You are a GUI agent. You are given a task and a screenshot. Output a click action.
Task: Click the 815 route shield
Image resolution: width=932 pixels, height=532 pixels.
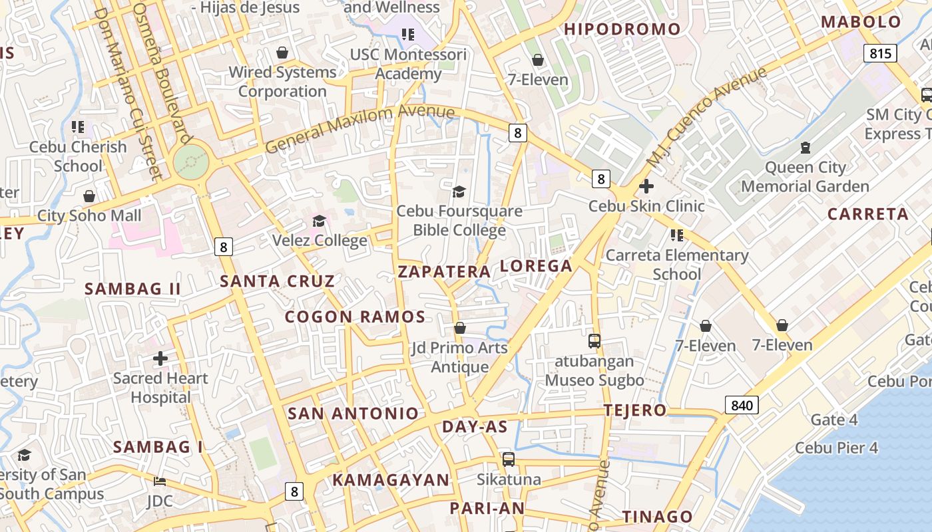[x=880, y=53]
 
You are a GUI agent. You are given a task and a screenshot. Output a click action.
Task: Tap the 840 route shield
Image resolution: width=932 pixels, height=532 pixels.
[x=742, y=405]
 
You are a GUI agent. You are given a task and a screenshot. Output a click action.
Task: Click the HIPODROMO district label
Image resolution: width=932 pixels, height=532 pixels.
[x=622, y=29]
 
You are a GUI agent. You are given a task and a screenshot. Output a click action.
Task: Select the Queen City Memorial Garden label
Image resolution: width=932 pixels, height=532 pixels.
[x=805, y=177]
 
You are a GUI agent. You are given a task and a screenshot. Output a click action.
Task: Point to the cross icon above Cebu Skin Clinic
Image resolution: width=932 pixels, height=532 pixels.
[x=646, y=186]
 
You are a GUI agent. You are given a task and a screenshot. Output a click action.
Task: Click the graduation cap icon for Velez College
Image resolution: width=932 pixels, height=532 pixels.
[x=320, y=221]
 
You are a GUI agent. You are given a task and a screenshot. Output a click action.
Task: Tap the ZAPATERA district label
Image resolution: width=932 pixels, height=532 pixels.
[x=444, y=271]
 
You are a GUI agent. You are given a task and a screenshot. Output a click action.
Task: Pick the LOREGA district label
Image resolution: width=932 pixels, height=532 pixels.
[x=536, y=266]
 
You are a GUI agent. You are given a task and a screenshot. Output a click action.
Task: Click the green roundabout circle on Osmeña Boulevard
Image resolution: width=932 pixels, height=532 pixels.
[x=191, y=162]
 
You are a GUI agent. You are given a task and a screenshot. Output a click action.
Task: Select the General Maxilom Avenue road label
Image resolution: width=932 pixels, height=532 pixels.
[x=359, y=129]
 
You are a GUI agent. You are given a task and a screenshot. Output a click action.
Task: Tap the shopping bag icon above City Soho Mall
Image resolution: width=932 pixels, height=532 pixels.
[x=89, y=196]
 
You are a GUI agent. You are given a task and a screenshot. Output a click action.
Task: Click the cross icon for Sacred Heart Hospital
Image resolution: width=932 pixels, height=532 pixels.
[x=160, y=358]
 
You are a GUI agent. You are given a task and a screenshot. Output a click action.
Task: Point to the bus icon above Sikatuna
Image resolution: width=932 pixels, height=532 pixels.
[x=509, y=459]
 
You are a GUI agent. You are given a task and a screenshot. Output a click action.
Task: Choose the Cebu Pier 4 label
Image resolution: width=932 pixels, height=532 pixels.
[x=836, y=448]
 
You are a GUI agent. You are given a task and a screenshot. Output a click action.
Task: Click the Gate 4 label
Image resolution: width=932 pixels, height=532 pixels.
[x=834, y=420]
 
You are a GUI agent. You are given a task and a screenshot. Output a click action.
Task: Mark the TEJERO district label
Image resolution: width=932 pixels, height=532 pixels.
[x=635, y=410]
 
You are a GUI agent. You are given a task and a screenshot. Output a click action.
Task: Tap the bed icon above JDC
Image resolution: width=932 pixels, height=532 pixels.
[x=159, y=481]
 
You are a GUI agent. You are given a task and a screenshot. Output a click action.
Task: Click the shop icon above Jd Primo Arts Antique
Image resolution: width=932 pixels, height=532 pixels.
[x=459, y=328]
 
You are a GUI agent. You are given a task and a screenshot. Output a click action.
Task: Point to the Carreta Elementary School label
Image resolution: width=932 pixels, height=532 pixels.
[x=677, y=265]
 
